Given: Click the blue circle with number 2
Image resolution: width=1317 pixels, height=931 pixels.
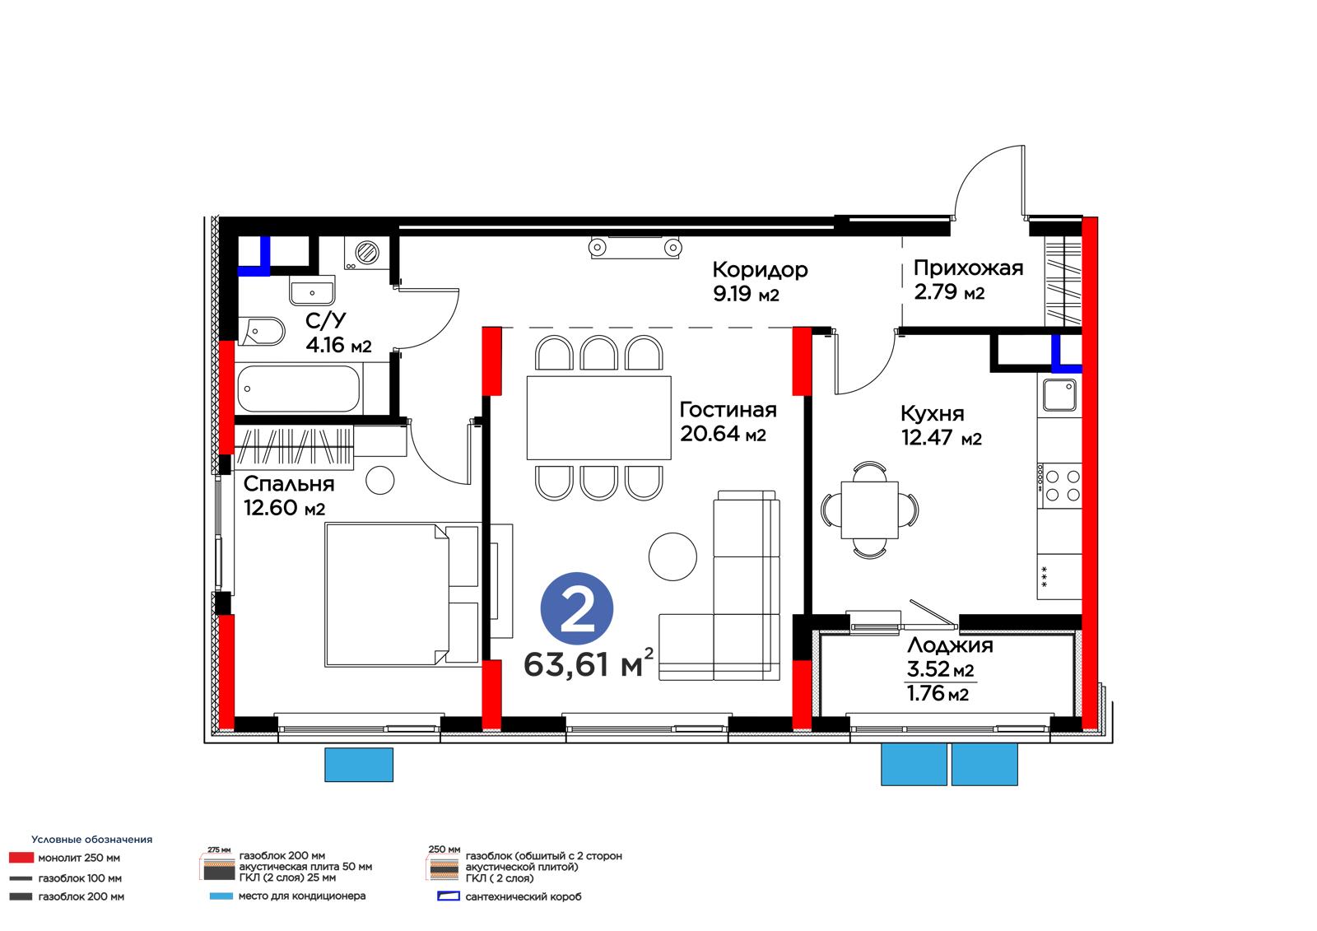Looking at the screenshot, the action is tap(577, 608).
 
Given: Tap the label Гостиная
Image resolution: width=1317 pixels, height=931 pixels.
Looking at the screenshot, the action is tap(728, 410).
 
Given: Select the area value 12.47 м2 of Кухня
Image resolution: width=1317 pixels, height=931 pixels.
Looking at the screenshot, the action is tap(942, 438).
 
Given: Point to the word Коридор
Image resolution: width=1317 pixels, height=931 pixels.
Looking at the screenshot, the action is tap(760, 270).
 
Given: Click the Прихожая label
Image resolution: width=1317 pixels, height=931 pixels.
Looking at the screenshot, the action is tap(968, 268).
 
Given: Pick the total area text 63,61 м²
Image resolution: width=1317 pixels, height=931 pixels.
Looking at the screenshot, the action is tap(588, 664).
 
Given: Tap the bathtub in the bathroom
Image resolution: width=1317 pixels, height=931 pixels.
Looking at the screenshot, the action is tap(298, 389).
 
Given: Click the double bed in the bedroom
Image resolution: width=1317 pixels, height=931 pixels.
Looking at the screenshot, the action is tap(402, 594).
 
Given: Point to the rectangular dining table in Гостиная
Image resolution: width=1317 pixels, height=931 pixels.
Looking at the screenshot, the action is tap(598, 417).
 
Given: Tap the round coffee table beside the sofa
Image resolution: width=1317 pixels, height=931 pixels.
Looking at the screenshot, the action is tap(672, 556).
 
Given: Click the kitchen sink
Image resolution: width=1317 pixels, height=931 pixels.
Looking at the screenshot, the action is tap(1059, 394).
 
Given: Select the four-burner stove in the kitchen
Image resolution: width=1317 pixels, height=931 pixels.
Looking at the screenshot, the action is tap(1059, 486).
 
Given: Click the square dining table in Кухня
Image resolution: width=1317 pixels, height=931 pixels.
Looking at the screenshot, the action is tap(869, 510).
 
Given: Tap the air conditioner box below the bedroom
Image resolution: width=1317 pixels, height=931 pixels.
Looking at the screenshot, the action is tap(359, 765).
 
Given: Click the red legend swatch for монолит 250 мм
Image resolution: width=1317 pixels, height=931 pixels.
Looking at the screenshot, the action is tap(21, 858).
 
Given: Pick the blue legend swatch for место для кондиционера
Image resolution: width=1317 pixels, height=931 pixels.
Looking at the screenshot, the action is tap(221, 896).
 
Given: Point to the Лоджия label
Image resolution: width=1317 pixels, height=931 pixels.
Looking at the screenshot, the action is tap(950, 645).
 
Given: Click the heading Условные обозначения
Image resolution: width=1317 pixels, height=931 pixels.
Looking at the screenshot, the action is tap(91, 840).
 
